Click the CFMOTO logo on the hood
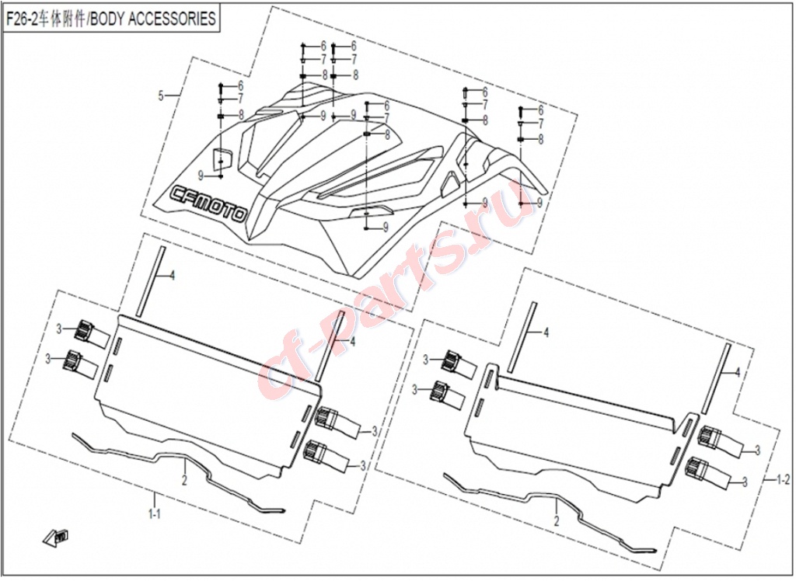[x=208, y=202]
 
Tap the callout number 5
[x=161, y=96]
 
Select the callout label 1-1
[x=155, y=514]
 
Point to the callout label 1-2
[x=784, y=479]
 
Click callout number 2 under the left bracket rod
[x=185, y=480]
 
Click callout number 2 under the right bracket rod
[x=557, y=521]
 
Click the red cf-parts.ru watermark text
[x=391, y=289]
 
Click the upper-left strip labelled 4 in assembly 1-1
[x=150, y=280]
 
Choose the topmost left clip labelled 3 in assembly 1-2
[x=459, y=364]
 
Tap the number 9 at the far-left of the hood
[x=201, y=176]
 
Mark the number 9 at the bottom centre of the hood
[x=386, y=228]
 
